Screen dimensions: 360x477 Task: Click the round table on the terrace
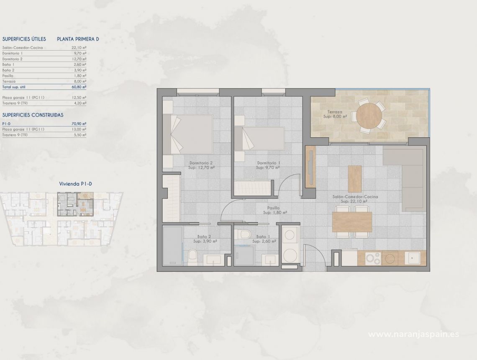(369, 116)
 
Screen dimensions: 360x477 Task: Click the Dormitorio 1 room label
(268, 163)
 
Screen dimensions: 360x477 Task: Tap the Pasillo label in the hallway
(274, 208)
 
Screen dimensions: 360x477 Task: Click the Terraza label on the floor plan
(335, 112)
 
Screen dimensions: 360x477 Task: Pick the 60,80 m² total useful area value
(79, 87)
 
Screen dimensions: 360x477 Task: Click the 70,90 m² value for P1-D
(79, 124)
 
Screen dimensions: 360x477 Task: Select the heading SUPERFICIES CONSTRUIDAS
(33, 114)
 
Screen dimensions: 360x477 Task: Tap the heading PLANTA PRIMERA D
(78, 39)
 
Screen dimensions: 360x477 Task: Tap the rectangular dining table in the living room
(352, 222)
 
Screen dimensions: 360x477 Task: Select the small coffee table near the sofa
(354, 179)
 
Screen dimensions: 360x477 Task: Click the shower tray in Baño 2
(172, 245)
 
